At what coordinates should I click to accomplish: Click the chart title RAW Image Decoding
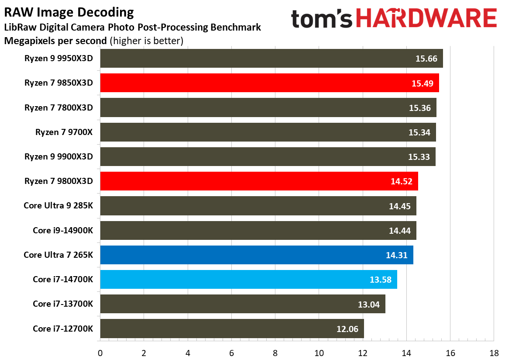[x=69, y=12]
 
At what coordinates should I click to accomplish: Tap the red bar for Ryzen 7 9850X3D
[x=269, y=83]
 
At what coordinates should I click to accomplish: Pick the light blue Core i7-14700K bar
[x=248, y=280]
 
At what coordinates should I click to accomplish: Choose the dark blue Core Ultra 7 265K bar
[x=257, y=255]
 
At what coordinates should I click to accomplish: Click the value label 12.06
[x=347, y=329]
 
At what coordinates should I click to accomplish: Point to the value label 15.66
[x=426, y=59]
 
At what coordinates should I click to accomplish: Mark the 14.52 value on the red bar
[x=402, y=181]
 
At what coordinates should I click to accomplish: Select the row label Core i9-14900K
[x=63, y=230]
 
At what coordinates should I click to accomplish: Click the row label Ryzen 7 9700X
[x=64, y=132]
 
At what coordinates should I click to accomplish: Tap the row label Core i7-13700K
[x=63, y=304]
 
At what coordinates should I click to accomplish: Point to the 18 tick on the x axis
[x=494, y=353]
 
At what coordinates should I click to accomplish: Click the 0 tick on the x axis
[x=100, y=353]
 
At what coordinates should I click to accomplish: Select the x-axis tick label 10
[x=319, y=353]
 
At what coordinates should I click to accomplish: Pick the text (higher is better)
[x=146, y=41]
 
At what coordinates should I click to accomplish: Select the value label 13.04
[x=369, y=305]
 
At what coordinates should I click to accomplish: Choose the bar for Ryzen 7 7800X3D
[x=268, y=108]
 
